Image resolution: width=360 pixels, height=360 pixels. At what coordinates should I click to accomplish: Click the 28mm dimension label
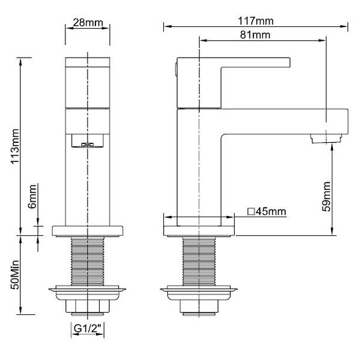coord(88,23)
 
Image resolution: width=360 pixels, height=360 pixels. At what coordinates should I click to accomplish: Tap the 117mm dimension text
coord(256,21)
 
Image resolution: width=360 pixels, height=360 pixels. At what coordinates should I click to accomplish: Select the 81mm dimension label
coord(255,35)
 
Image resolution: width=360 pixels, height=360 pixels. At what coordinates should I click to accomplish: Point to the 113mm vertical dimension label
coord(15,146)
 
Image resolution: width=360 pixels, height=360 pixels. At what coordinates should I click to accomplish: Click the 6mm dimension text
coord(32,196)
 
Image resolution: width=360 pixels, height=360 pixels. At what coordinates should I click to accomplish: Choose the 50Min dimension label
coord(15,275)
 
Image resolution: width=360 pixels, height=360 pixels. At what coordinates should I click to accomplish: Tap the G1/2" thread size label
coord(88,329)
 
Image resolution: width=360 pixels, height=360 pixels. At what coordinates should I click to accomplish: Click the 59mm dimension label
coord(326,197)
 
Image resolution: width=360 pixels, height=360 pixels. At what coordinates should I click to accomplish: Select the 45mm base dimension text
coord(271,211)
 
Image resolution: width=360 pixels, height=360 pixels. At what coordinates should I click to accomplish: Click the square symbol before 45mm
coord(251,211)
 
